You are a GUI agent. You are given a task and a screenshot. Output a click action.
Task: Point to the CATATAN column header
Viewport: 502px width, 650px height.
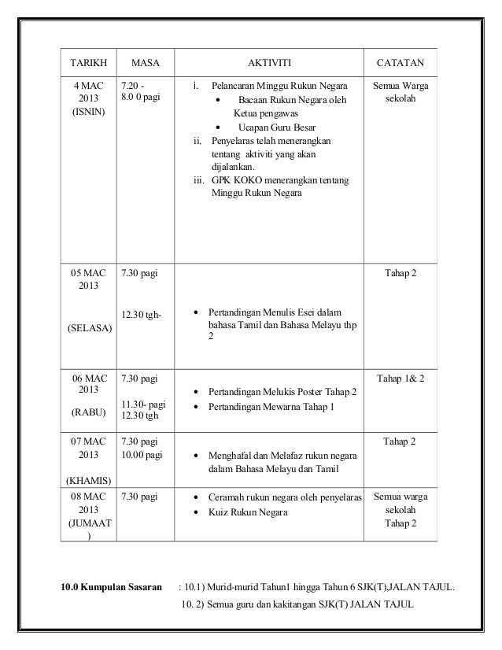(401, 61)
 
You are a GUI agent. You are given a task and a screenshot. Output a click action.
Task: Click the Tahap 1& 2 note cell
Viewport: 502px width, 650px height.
(400, 379)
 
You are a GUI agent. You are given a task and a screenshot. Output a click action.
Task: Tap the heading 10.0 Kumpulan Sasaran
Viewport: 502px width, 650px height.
(111, 585)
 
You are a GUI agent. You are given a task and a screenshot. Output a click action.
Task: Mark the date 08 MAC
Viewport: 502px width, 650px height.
(88, 497)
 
